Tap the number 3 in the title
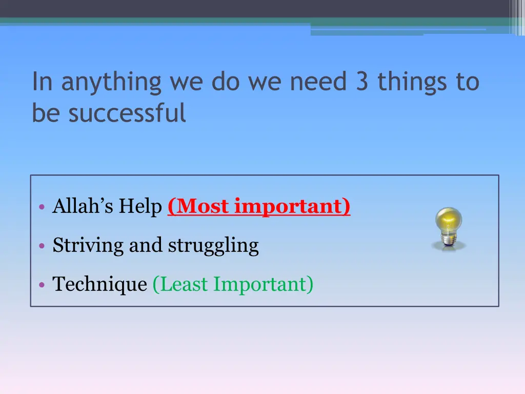tap(362, 82)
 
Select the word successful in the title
tap(127, 113)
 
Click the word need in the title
tap(318, 82)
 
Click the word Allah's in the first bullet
tap(83, 206)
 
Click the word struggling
tap(213, 245)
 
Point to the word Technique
tap(99, 284)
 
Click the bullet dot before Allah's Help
tap(42, 208)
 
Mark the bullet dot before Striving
tap(42, 246)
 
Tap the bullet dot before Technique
tap(42, 285)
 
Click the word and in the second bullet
tap(146, 245)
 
